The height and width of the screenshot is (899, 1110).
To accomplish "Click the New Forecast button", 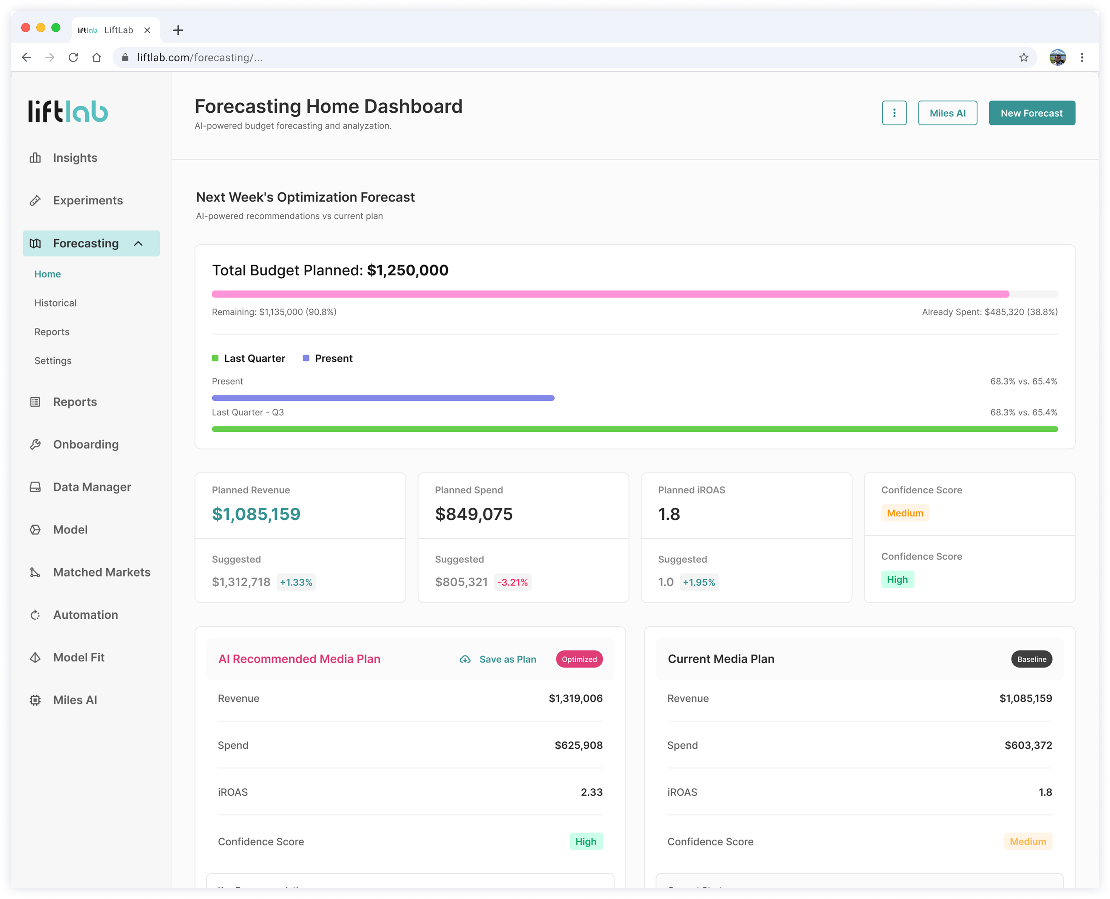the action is pos(1031,113).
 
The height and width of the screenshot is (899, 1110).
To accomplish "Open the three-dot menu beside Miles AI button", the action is pos(894,113).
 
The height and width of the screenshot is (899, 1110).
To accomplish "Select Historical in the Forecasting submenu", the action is pos(55,303).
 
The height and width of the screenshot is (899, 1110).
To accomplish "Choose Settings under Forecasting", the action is pos(53,361).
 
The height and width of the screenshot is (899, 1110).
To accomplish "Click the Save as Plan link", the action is pos(498,659).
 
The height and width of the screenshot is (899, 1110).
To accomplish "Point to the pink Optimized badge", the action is pos(579,659).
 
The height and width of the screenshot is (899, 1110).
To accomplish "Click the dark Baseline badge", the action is pos(1031,659).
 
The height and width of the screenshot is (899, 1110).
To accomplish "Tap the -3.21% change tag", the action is pos(512,582).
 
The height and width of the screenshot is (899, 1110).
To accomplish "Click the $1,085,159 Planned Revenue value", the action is pos(256,514).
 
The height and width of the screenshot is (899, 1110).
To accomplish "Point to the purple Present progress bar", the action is pos(383,398).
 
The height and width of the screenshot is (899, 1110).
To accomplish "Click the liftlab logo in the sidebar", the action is pos(68,111).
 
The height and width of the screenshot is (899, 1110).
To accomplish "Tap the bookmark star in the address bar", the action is pos(1024,57).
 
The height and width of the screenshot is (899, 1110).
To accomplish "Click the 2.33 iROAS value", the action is pos(592,792).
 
